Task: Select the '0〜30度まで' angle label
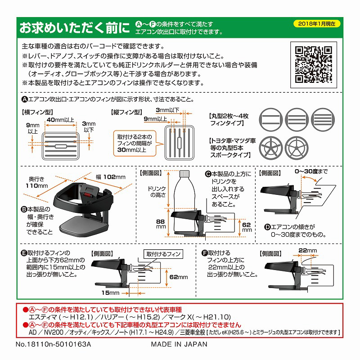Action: (311, 171)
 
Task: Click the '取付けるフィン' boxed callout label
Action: (162, 254)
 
